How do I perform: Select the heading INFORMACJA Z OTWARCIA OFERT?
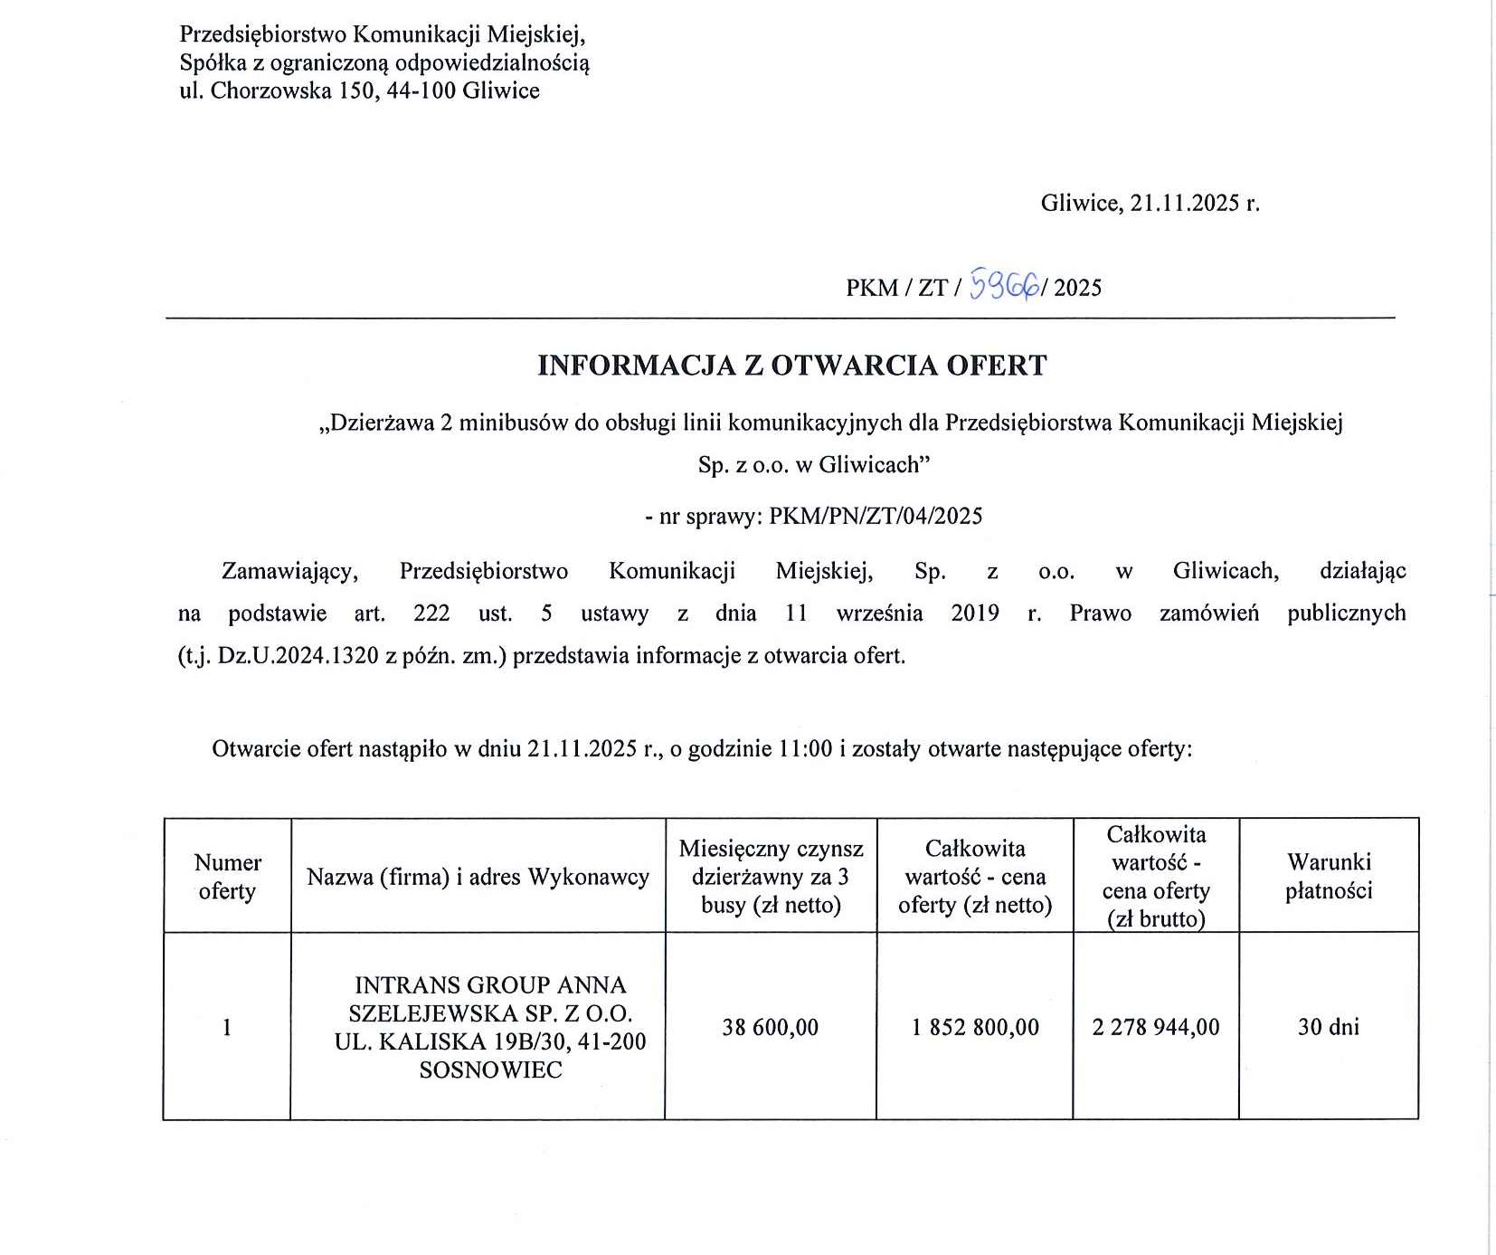(x=791, y=366)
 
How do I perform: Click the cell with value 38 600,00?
(x=770, y=1027)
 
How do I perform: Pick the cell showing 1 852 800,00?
(x=975, y=1027)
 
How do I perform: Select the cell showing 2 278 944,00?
(x=1155, y=1027)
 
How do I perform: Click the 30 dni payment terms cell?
(x=1328, y=1027)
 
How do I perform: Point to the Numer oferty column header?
(x=227, y=877)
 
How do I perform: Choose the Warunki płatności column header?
(x=1328, y=877)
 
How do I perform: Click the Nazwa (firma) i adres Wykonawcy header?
(x=478, y=877)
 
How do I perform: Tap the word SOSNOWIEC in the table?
(x=490, y=1070)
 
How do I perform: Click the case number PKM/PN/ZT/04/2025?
(x=875, y=517)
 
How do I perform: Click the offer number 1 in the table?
(x=227, y=1027)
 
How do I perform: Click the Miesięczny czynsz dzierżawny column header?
(x=771, y=877)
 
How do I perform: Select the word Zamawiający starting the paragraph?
(x=289, y=572)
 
